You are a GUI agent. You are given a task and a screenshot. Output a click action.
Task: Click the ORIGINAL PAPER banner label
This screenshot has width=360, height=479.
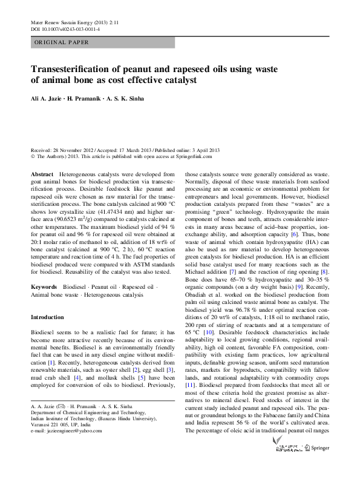(62, 42)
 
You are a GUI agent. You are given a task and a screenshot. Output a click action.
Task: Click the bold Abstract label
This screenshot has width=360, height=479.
(42, 174)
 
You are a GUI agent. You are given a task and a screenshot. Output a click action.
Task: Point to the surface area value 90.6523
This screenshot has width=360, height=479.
(72, 210)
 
